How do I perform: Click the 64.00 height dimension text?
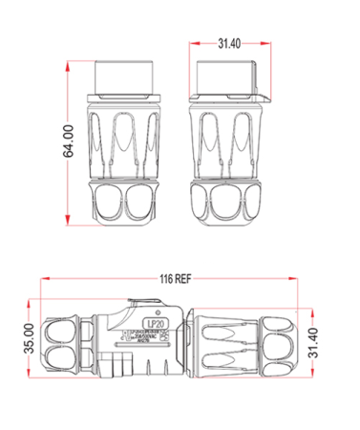(x=70, y=143)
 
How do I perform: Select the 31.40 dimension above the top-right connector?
(x=229, y=44)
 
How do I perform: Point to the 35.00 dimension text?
(x=29, y=338)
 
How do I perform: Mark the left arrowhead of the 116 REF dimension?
(x=45, y=280)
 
